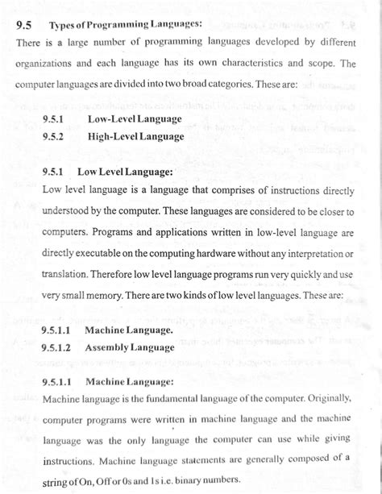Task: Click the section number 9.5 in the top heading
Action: [25, 25]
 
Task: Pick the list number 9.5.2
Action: [52, 136]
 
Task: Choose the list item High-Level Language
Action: [135, 136]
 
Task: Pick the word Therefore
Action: [114, 274]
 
